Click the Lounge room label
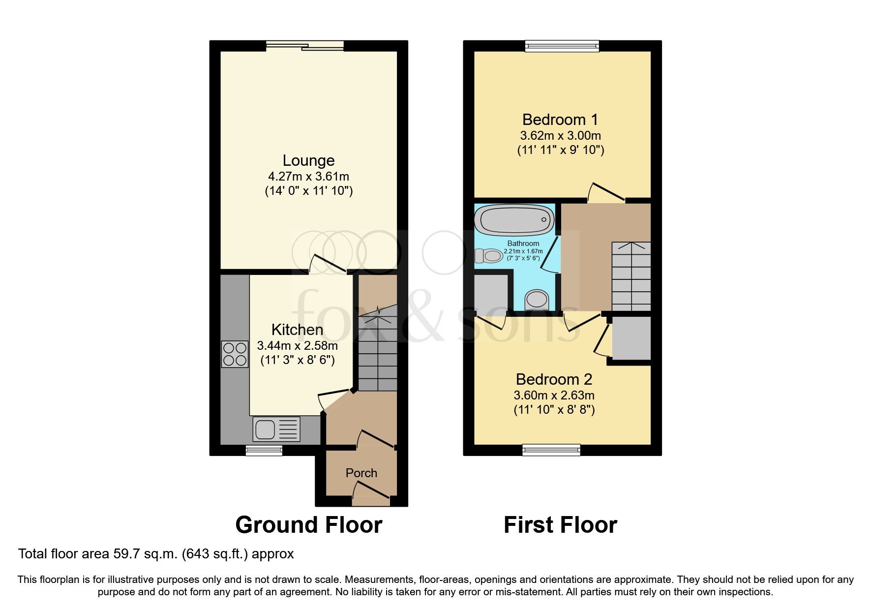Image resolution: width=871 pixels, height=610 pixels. tap(308, 160)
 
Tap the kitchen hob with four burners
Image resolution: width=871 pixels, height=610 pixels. tap(235, 354)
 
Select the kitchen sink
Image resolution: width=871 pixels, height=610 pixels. tap(276, 429)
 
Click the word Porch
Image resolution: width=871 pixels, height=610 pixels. tap(361, 473)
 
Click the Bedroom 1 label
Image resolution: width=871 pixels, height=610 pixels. tap(560, 120)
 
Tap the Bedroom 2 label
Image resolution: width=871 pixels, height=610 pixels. tap(554, 379)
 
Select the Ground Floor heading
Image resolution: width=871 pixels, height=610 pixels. tap(308, 525)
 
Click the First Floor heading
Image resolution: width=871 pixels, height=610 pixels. tap(560, 525)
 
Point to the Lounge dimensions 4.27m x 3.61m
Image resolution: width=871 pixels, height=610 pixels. tap(308, 176)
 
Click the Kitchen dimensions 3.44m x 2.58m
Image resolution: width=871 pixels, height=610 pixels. tap(297, 346)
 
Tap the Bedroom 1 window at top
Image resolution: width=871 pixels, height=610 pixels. tap(562, 46)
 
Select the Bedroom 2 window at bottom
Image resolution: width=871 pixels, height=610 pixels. tap(551, 450)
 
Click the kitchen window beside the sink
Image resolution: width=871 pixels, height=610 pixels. tap(264, 450)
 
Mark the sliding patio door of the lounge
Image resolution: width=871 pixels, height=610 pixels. tap(305, 46)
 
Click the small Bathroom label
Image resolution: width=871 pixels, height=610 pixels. tap(523, 244)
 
